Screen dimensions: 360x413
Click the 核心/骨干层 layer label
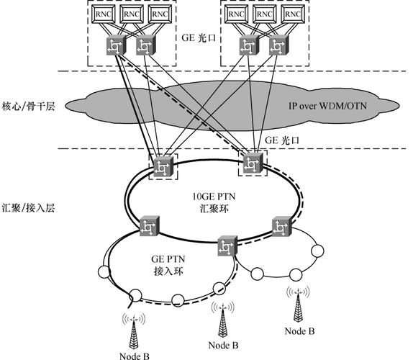[x=29, y=106]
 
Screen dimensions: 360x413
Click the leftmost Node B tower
[x=135, y=330]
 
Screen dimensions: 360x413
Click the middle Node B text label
[x=220, y=345]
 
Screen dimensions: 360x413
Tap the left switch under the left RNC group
[x=117, y=45]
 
